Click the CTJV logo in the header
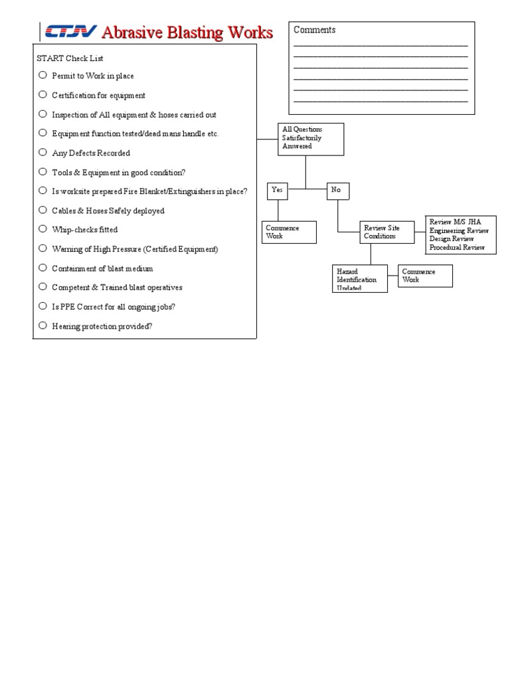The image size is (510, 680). tap(69, 32)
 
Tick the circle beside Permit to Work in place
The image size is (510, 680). tap(42, 75)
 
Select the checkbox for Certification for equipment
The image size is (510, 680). tap(42, 94)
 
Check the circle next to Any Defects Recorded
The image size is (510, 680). tap(42, 152)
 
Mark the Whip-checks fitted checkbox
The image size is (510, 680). tap(42, 229)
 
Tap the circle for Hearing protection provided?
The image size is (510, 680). tap(42, 325)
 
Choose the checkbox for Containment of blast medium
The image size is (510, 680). tap(42, 268)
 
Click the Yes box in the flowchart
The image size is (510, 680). tap(278, 191)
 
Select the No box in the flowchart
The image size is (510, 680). tap(337, 191)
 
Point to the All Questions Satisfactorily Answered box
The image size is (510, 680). tap(311, 139)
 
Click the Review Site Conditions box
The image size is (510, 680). tap(388, 232)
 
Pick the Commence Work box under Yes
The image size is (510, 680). tap(289, 232)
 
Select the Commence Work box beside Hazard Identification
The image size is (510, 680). tap(425, 276)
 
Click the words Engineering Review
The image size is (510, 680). tap(459, 231)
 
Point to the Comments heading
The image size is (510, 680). tap(315, 30)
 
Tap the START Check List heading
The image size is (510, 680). tap(70, 58)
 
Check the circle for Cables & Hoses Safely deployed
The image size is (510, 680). tap(42, 210)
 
